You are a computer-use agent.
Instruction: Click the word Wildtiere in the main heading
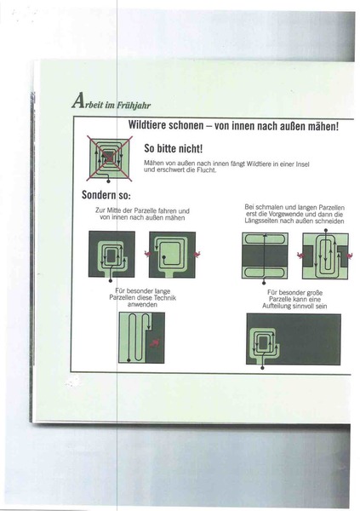pyautogui.click(x=147, y=125)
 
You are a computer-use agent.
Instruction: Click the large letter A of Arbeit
pyautogui.click(x=77, y=100)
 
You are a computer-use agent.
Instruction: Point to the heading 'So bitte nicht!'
pyautogui.click(x=174, y=148)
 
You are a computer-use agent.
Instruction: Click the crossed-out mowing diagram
pyautogui.click(x=110, y=158)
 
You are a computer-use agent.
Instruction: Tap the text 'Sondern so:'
pyautogui.click(x=106, y=195)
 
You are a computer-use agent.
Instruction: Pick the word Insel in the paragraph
pyautogui.click(x=302, y=164)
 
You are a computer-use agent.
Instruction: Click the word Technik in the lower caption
pyautogui.click(x=165, y=297)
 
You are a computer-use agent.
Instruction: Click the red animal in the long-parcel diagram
pyautogui.click(x=155, y=342)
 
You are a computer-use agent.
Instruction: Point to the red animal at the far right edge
pyautogui.click(x=350, y=255)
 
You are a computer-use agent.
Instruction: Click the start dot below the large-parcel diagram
pyautogui.click(x=263, y=368)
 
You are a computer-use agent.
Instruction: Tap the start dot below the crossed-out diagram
pyautogui.click(x=108, y=181)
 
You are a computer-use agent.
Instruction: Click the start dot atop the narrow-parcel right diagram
pyautogui.click(x=326, y=230)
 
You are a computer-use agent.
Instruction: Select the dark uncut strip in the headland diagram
pyautogui.click(x=265, y=255)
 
